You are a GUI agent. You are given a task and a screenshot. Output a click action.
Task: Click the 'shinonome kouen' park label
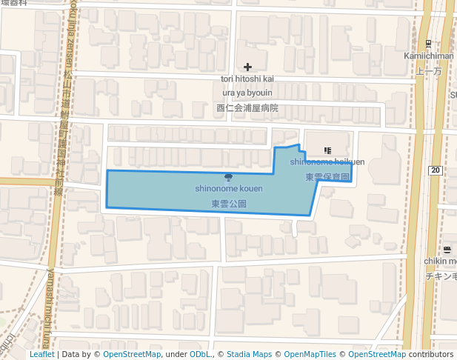click(x=229, y=189)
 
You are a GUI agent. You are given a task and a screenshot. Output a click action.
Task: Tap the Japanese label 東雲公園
click(x=229, y=203)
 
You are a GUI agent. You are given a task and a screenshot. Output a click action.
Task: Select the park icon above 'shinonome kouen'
click(x=228, y=177)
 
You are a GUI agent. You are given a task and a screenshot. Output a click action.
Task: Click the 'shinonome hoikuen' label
click(x=327, y=161)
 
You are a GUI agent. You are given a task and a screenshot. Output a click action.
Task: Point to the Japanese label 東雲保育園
click(x=327, y=177)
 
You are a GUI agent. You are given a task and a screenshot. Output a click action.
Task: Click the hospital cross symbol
click(x=247, y=67)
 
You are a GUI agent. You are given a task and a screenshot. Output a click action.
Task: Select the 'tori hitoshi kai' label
click(x=247, y=79)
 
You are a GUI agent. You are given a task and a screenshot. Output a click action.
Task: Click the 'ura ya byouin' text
click(x=247, y=93)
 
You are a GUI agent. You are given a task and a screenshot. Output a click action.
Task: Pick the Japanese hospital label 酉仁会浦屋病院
click(x=247, y=107)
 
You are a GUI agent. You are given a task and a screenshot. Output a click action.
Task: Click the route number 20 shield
click(x=436, y=170)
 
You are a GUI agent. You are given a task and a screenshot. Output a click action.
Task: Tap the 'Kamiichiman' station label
click(x=429, y=56)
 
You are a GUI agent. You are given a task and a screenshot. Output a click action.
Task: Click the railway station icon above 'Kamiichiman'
click(x=429, y=44)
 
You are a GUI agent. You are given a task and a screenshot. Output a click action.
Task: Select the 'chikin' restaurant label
click(x=440, y=261)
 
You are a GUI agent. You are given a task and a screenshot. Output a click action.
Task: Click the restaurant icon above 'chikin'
click(x=446, y=249)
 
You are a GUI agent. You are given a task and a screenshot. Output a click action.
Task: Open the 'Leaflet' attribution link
click(x=41, y=354)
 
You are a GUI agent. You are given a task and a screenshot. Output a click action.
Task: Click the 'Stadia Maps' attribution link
click(x=250, y=354)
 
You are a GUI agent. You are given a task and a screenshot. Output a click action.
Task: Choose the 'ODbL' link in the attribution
click(x=200, y=354)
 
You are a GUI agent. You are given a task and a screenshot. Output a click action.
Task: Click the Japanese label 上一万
click(x=429, y=71)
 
